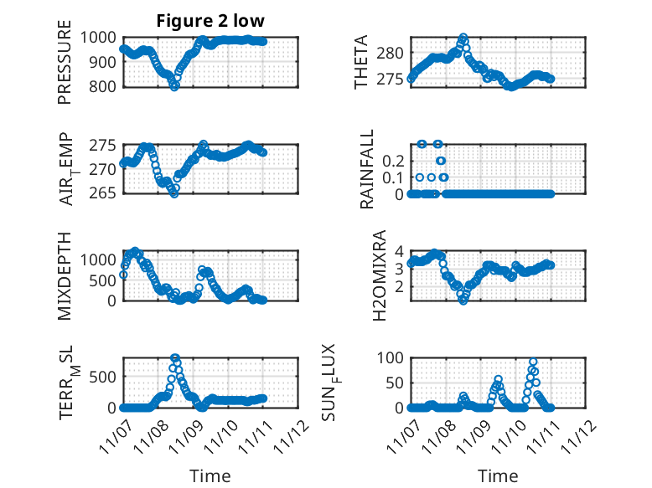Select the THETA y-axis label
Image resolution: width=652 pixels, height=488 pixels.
362,62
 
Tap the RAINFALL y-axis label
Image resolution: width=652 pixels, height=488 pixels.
368,169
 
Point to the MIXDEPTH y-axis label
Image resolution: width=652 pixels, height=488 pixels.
65,275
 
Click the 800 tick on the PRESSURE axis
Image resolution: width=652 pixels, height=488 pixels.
105,86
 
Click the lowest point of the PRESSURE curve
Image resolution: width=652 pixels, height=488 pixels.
174,85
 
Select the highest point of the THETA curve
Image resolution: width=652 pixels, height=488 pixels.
463,38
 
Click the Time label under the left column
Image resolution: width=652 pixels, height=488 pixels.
210,475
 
